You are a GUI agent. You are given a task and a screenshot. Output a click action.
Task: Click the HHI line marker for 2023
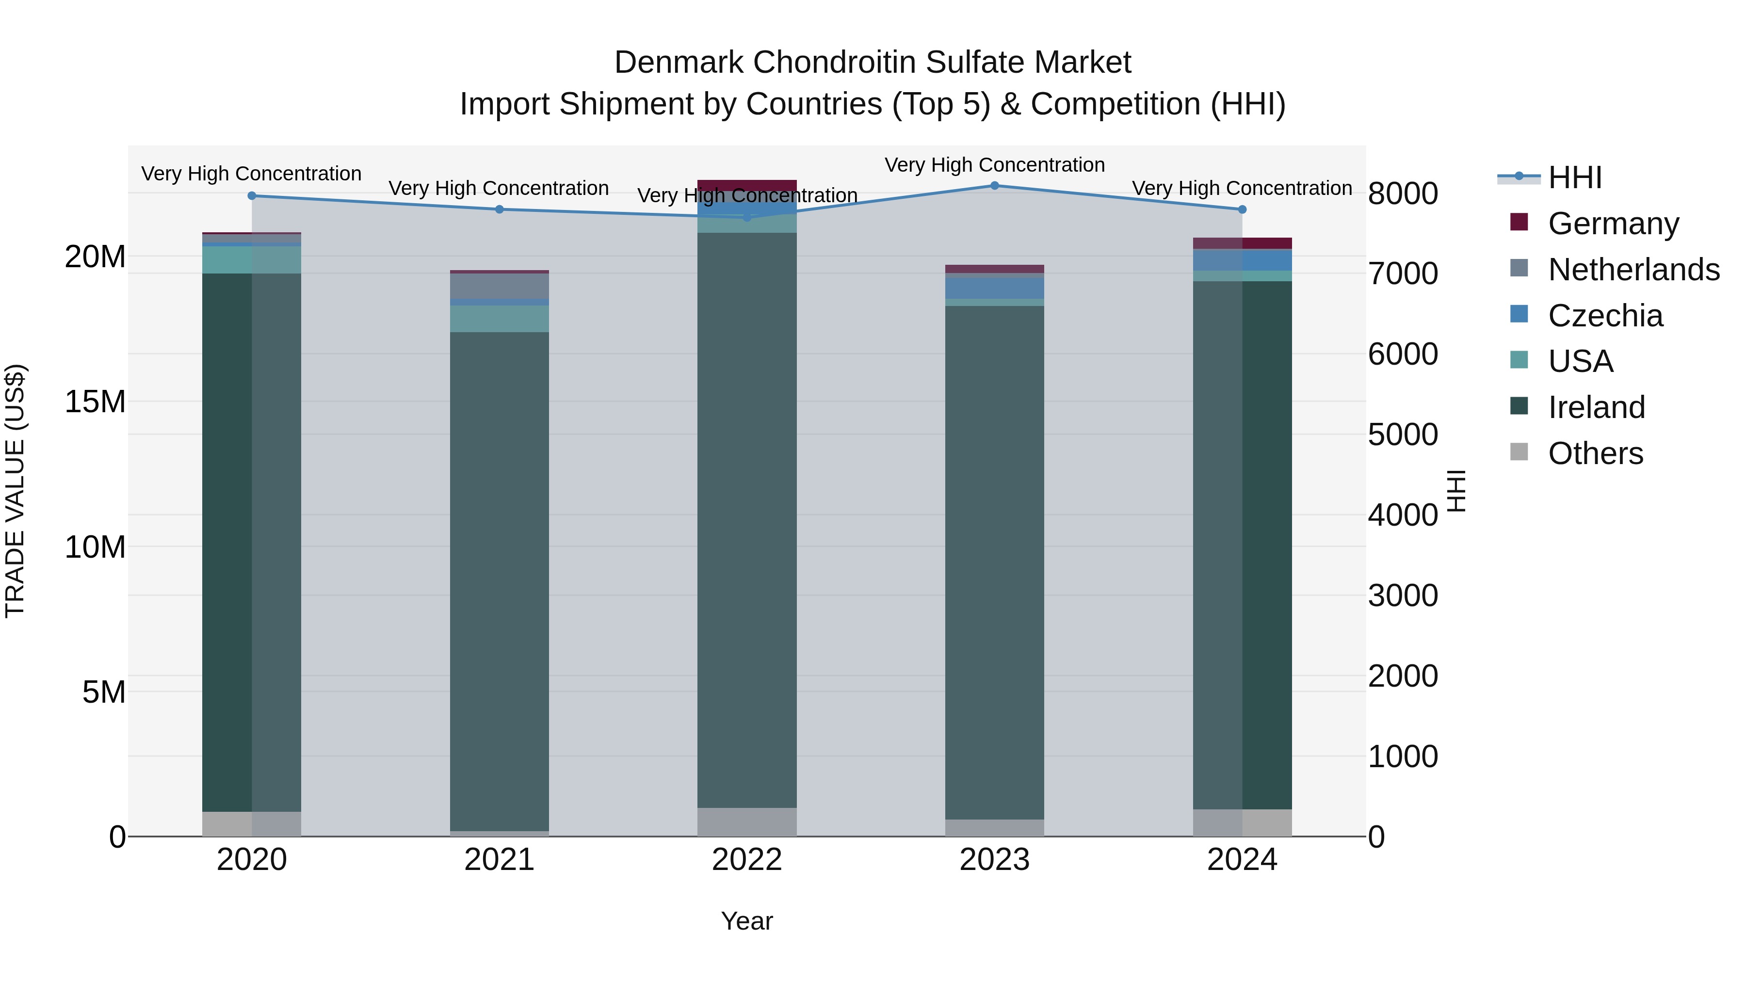pos(994,185)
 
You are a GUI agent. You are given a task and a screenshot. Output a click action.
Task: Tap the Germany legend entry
pos(1613,224)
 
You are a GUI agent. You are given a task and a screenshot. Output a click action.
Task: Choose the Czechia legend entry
pos(1605,316)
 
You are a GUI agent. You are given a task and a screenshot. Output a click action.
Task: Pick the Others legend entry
pos(1596,453)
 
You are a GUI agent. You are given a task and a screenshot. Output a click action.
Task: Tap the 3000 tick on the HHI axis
pos(1402,596)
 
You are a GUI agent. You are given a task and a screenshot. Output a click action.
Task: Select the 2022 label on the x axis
pos(747,860)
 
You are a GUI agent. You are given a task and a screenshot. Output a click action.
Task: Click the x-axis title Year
pos(747,921)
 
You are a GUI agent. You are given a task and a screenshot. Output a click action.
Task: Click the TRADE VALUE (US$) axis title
pos(15,491)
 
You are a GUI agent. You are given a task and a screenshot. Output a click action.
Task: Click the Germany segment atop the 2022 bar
pos(747,186)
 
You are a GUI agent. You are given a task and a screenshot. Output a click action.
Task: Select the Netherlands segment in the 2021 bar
pos(500,286)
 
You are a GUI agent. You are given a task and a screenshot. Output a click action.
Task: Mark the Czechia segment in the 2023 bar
pos(994,288)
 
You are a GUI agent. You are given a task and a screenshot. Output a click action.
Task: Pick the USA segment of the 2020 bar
pos(251,259)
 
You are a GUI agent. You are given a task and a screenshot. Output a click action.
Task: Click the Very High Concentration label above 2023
pos(994,165)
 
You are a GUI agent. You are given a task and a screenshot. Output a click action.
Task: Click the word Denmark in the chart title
pos(679,63)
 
